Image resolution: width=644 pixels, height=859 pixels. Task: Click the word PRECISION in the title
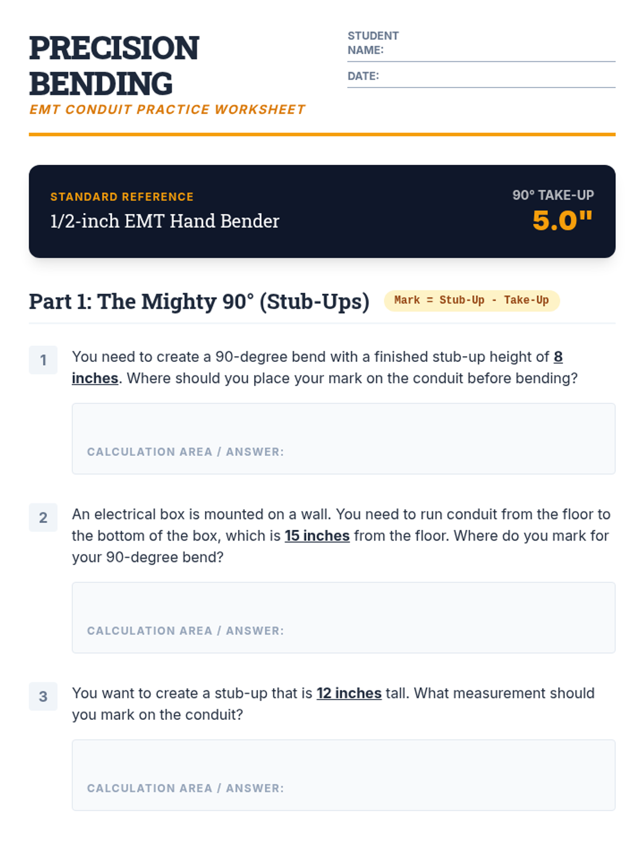tap(114, 48)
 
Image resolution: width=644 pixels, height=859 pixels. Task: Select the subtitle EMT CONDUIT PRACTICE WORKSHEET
tap(167, 110)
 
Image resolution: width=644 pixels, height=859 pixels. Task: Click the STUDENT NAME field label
tap(373, 42)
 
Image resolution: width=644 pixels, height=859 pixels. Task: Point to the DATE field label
tap(363, 76)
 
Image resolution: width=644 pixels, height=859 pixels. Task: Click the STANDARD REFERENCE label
tap(122, 196)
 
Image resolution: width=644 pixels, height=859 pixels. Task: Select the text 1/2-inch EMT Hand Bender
tap(165, 221)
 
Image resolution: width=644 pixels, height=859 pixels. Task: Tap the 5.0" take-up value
tap(562, 220)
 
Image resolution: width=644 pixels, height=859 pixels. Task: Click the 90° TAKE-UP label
tap(553, 195)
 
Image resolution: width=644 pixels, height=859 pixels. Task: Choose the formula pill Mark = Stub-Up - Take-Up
tap(472, 300)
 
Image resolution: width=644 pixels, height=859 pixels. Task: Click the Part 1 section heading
tap(199, 302)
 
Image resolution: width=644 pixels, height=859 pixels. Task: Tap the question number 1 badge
tap(43, 360)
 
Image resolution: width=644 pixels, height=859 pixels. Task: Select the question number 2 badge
tap(43, 517)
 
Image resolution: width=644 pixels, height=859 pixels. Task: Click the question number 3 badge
tap(43, 696)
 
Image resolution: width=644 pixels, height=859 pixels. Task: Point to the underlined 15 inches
tap(317, 535)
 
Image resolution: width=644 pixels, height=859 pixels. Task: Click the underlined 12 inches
tap(349, 693)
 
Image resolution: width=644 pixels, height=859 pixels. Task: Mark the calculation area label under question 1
tap(185, 452)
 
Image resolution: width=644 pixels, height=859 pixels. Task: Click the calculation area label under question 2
tap(185, 630)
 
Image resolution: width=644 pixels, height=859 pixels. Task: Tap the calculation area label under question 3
tap(185, 788)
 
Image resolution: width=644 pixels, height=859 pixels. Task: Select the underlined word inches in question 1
tap(95, 378)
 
